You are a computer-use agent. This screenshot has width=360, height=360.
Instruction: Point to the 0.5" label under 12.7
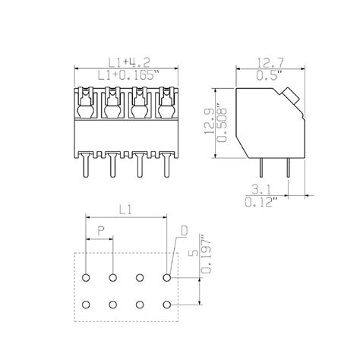tap(270, 77)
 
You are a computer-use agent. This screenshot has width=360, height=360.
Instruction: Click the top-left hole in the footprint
tap(86, 278)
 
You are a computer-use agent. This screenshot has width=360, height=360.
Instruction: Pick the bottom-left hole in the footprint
tap(86, 305)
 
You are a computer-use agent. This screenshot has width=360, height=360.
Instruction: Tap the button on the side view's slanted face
tap(289, 95)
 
